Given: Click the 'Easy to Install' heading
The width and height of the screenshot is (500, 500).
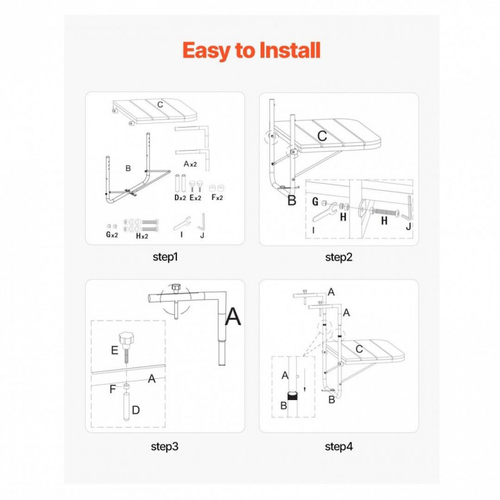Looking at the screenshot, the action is (251, 51).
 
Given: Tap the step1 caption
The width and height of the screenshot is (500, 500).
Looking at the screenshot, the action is (165, 257).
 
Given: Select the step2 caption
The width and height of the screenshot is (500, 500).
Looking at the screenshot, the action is (339, 257).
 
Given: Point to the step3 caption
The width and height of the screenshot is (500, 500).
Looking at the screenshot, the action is (164, 446).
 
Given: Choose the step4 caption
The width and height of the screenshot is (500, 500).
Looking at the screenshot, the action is (339, 446).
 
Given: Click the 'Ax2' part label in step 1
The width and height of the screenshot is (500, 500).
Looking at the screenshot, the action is (191, 164).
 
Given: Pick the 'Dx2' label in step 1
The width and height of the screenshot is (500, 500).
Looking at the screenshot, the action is (180, 197).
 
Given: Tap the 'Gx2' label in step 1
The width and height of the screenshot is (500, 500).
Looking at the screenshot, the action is (112, 235).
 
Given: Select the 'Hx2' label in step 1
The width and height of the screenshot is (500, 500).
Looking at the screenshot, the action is (142, 236).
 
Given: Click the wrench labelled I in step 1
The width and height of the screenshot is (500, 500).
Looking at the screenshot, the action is (182, 224).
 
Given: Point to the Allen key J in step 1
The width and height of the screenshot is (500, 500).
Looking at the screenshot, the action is (201, 221).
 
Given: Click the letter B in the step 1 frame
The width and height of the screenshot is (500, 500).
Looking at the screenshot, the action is (128, 168).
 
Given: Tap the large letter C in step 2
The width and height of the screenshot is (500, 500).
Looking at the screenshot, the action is (322, 136).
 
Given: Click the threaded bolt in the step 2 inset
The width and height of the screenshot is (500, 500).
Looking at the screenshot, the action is (385, 212).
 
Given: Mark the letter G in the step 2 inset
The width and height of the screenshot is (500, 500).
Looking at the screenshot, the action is (315, 201).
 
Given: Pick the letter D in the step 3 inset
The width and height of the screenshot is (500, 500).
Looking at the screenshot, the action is (136, 410).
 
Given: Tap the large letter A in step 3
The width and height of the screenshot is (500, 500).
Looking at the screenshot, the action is (233, 316).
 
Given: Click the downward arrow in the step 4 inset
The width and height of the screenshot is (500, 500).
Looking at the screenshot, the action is (305, 380).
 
